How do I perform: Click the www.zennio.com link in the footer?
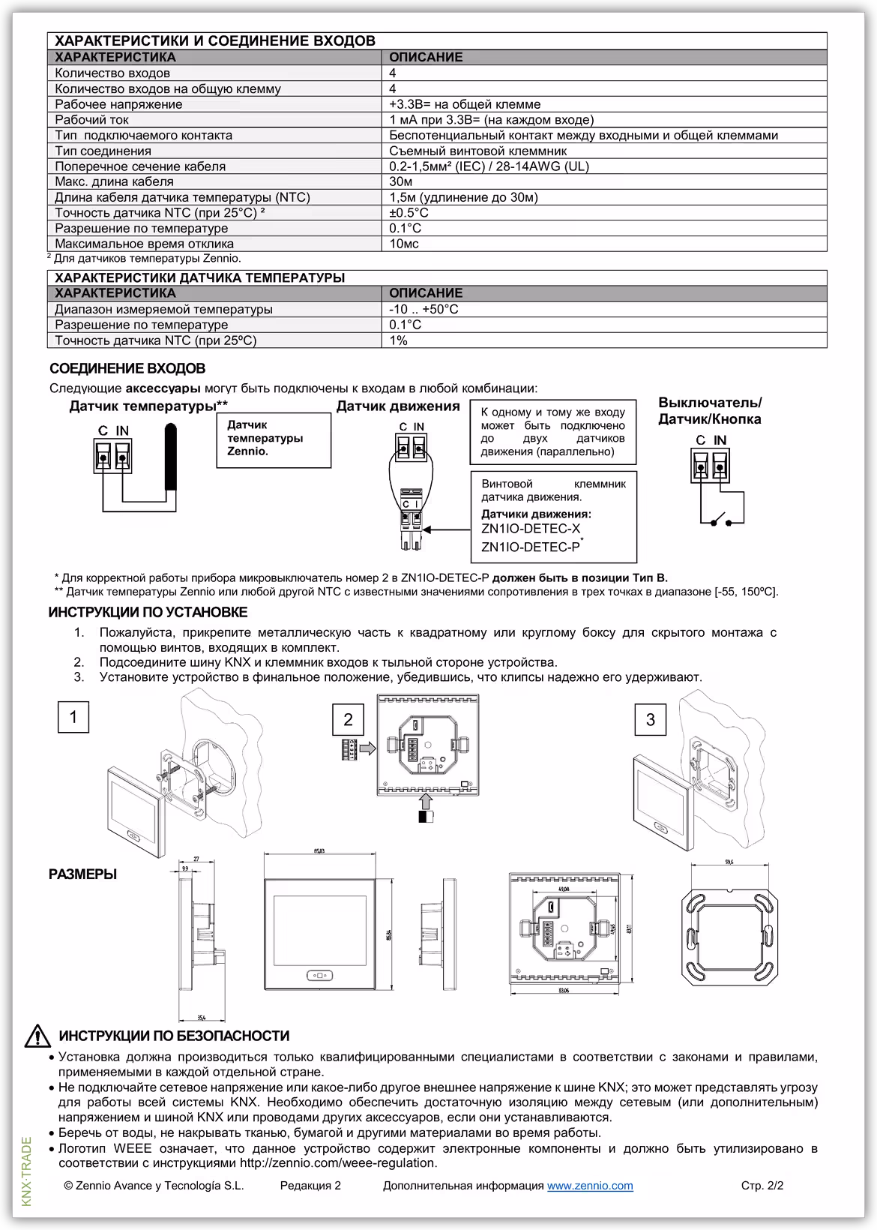(590, 1186)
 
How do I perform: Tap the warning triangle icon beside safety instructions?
(37, 1036)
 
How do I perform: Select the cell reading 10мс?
(404, 244)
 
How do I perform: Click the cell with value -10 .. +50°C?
(424, 309)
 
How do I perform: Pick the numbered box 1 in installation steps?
(73, 718)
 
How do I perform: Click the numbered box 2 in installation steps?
(348, 720)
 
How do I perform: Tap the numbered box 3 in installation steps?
(650, 720)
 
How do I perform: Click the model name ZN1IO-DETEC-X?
(531, 529)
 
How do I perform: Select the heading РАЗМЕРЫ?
(82, 874)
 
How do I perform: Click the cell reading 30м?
(401, 181)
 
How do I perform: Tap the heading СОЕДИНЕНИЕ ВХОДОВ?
(127, 369)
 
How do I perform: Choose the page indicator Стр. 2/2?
(762, 1186)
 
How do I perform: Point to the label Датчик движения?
(397, 406)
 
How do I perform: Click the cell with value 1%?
(398, 340)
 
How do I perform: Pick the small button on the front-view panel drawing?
(319, 976)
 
